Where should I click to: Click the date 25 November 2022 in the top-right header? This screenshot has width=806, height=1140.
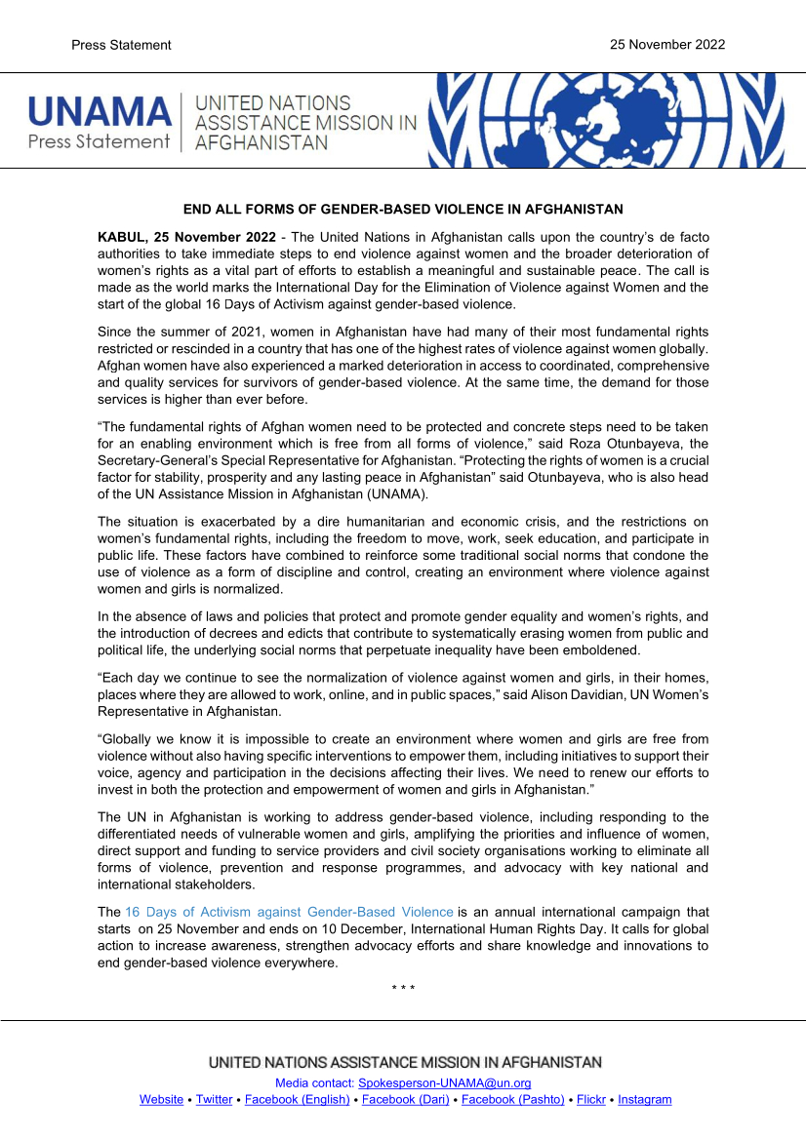666,45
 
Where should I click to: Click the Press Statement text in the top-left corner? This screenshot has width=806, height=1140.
121,45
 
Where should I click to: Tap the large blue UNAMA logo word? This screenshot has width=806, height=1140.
99,111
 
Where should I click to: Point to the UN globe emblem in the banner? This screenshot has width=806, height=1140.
604,120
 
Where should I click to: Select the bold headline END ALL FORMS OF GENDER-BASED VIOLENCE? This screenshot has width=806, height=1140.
403,210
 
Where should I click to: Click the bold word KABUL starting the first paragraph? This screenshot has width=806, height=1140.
122,238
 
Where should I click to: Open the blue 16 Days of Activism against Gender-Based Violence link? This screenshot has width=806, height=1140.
289,912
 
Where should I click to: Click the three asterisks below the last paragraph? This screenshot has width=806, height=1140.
403,989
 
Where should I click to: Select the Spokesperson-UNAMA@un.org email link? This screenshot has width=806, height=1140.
444,1083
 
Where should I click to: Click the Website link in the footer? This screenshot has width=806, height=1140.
161,1099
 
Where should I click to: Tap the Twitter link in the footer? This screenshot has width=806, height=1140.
214,1099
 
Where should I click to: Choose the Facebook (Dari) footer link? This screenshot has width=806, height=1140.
405,1099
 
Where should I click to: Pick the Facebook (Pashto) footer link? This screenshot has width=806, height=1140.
512,1099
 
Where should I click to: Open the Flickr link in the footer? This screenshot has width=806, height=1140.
591,1099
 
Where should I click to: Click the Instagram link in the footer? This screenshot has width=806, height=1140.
644,1099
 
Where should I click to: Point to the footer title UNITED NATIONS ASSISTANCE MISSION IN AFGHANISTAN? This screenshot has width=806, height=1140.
405,1062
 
